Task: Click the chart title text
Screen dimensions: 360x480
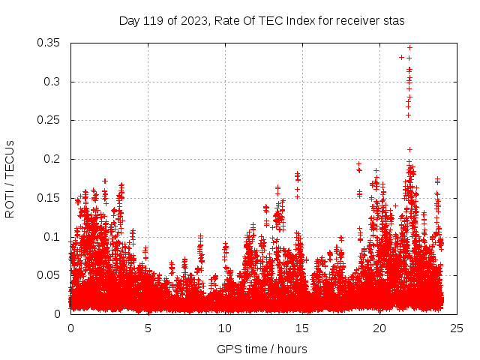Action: [x=262, y=21]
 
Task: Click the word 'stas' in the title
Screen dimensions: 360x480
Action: [x=394, y=21]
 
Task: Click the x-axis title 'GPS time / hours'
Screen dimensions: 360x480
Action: [x=262, y=349]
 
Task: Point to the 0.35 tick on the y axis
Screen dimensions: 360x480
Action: [x=49, y=43]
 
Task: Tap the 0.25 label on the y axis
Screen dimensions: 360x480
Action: [x=49, y=120]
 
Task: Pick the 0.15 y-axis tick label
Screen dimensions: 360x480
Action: [x=49, y=198]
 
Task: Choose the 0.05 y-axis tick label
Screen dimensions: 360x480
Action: [x=49, y=275]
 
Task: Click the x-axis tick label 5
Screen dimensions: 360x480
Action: [x=148, y=328]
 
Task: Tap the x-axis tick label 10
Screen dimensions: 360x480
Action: [x=225, y=328]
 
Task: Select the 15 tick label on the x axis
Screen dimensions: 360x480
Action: [x=302, y=328]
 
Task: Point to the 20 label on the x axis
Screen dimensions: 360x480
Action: [x=379, y=328]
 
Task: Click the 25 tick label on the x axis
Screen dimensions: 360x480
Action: [x=457, y=328]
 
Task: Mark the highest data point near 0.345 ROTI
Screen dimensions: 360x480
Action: [x=409, y=47]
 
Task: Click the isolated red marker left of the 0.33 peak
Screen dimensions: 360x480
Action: [x=401, y=57]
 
